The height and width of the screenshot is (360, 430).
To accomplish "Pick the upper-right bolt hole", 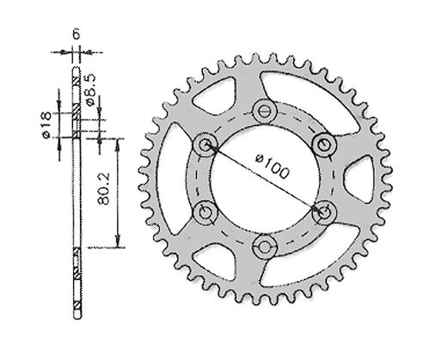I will coord(323,142).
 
